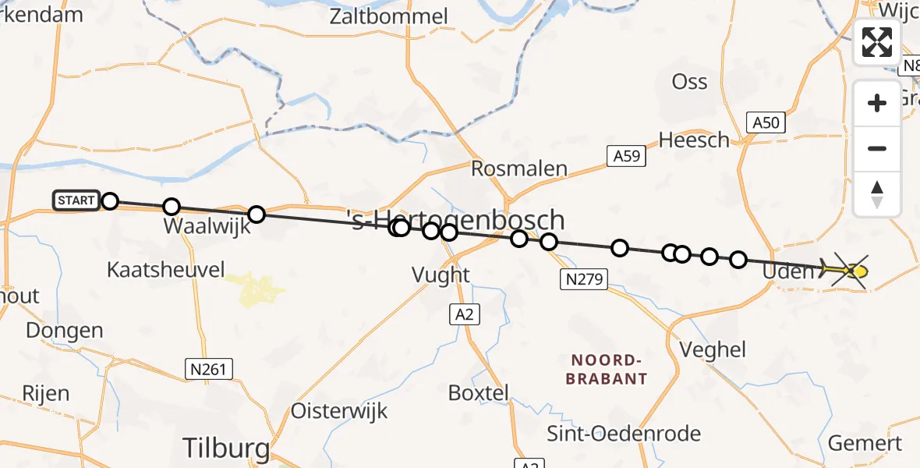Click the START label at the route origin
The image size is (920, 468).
[x=76, y=200]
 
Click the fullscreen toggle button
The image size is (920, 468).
[x=877, y=42]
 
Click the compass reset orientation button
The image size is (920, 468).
[x=877, y=194]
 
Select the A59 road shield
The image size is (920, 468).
[x=626, y=156]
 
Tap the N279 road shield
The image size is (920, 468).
[x=585, y=278]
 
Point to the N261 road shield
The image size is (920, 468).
[x=210, y=368]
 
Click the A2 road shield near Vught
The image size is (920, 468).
[x=464, y=314]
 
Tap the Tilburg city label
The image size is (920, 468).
[x=226, y=448]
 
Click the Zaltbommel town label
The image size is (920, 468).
[x=389, y=16]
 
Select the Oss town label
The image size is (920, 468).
[x=689, y=81]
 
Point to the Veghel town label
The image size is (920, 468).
[x=713, y=349]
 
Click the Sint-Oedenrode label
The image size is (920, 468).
[x=623, y=434]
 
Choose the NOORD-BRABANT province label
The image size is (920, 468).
[x=609, y=369]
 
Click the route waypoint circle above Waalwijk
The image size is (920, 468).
[x=172, y=207]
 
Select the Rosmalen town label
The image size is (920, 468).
[x=518, y=168]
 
